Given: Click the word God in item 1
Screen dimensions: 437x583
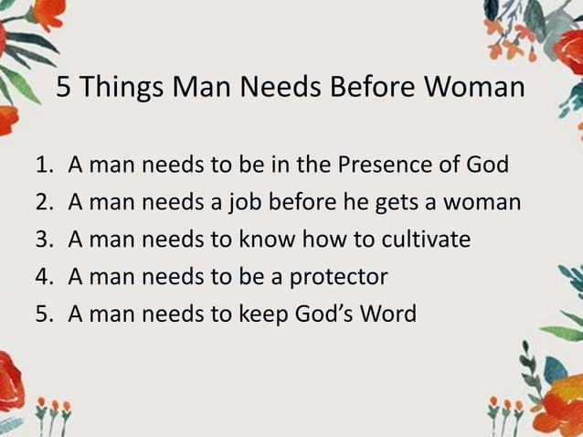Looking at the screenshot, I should (488, 166).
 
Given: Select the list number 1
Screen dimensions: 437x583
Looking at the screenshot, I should (42, 166).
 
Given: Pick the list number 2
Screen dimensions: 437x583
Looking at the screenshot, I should (42, 203).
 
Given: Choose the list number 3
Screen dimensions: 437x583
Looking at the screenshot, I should (42, 240).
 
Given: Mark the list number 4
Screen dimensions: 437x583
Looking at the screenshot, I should (42, 277).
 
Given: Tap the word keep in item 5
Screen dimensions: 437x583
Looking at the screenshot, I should (265, 314).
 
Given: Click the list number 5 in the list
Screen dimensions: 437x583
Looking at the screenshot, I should (42, 314).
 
